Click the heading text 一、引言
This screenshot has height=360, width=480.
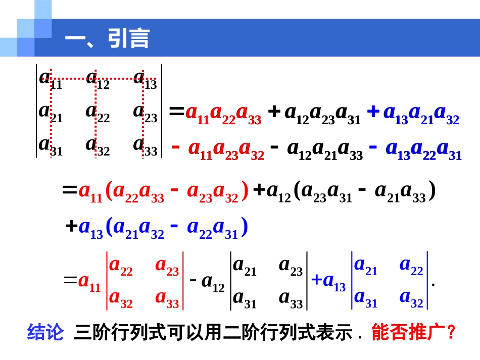(107, 38)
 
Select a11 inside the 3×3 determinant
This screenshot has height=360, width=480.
(50, 79)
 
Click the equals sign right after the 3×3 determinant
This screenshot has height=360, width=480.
(176, 113)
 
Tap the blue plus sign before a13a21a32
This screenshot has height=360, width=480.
(373, 112)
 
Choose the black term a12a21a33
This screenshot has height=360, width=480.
(325, 150)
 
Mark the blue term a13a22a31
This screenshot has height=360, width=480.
(423, 150)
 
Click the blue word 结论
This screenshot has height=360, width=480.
(45, 333)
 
